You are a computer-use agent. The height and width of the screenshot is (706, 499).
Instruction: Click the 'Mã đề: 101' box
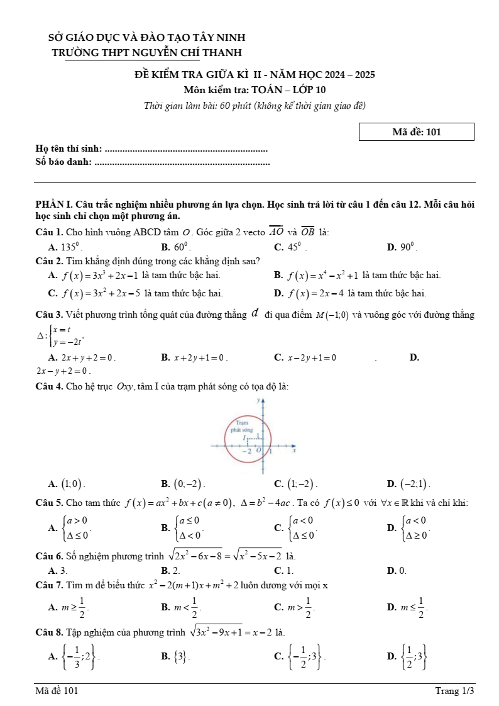(x=416, y=132)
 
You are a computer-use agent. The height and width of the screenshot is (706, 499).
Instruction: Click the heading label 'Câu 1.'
(x=50, y=232)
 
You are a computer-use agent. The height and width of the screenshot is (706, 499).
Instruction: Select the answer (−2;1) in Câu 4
(x=415, y=484)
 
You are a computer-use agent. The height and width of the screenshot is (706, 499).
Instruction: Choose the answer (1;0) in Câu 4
(x=72, y=484)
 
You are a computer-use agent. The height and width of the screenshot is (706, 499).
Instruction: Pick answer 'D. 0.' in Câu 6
(x=396, y=571)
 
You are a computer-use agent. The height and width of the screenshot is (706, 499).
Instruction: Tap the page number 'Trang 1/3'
(x=454, y=691)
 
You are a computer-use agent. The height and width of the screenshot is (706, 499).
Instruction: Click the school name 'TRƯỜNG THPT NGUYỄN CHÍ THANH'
(x=147, y=52)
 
